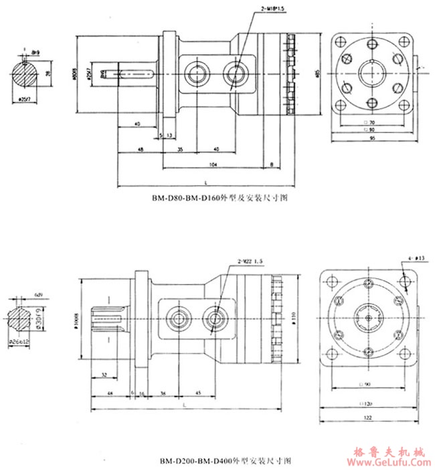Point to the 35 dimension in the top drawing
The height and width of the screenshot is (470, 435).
coord(181,149)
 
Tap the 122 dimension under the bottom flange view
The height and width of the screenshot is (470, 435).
coord(369,418)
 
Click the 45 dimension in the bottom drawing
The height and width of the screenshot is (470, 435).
coord(199,393)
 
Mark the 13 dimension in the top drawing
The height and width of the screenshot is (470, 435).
coord(168,135)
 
